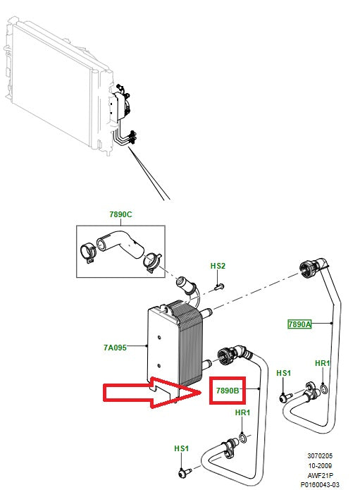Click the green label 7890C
coord(120,214)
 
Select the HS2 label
coord(218,266)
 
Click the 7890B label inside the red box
coord(228,389)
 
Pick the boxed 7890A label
coord(299,324)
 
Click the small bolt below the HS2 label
coord(218,286)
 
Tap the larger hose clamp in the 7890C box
coord(89,250)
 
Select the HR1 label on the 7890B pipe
coord(242,413)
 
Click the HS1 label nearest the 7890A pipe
coord(284,372)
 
